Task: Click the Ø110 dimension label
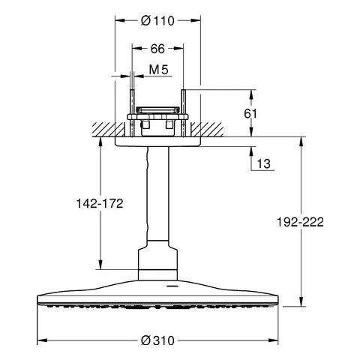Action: [x=158, y=22]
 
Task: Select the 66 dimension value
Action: [x=157, y=49]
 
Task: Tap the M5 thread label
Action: [x=157, y=70]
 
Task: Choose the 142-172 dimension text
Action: [x=100, y=203]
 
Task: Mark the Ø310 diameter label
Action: [x=157, y=340]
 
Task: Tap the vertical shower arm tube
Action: [x=157, y=195]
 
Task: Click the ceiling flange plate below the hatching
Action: [x=157, y=142]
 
